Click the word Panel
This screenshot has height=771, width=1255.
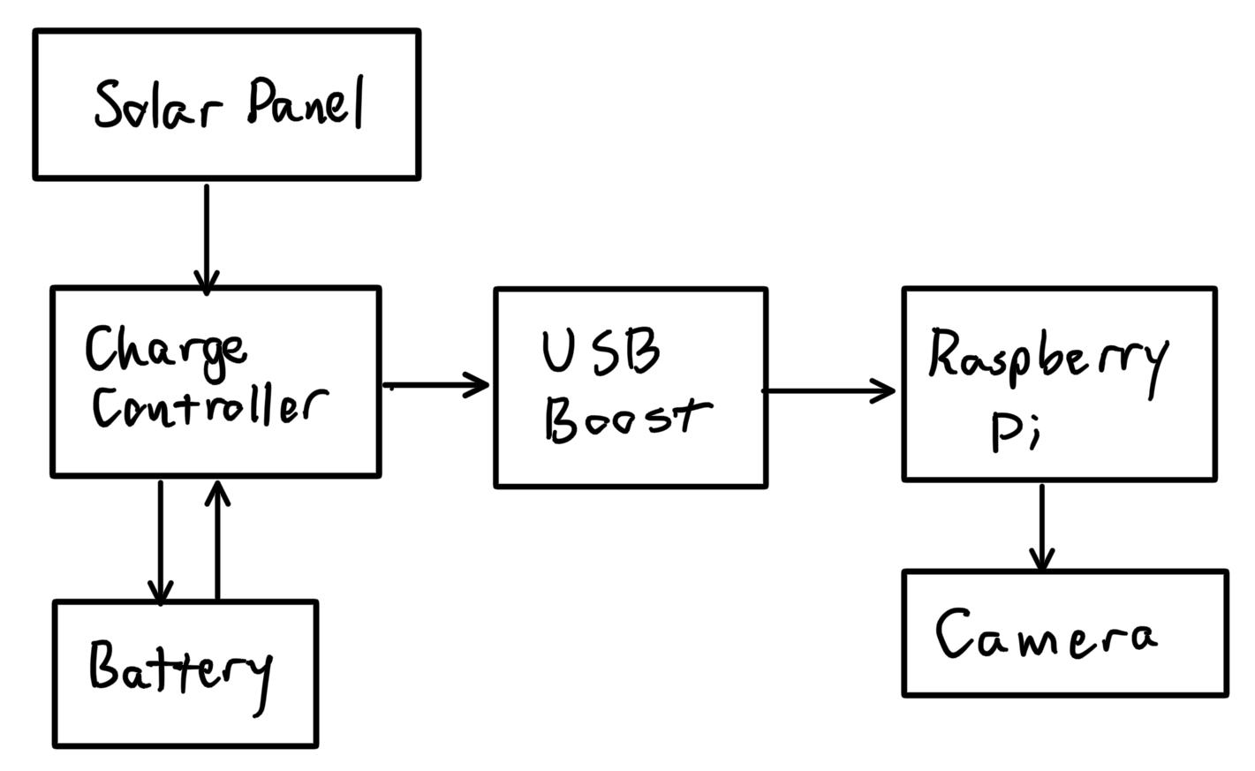[x=305, y=103]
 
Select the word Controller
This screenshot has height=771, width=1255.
[x=208, y=408]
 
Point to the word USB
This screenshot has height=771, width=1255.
[x=601, y=351]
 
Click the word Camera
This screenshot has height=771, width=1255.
[x=1045, y=635]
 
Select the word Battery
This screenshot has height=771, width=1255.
[x=179, y=669]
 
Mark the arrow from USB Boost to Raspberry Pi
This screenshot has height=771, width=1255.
[x=828, y=389]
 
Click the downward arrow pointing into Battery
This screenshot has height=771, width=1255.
[x=160, y=540]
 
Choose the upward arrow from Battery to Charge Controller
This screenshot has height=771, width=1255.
[x=217, y=540]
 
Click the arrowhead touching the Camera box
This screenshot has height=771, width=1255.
[x=1042, y=562]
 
